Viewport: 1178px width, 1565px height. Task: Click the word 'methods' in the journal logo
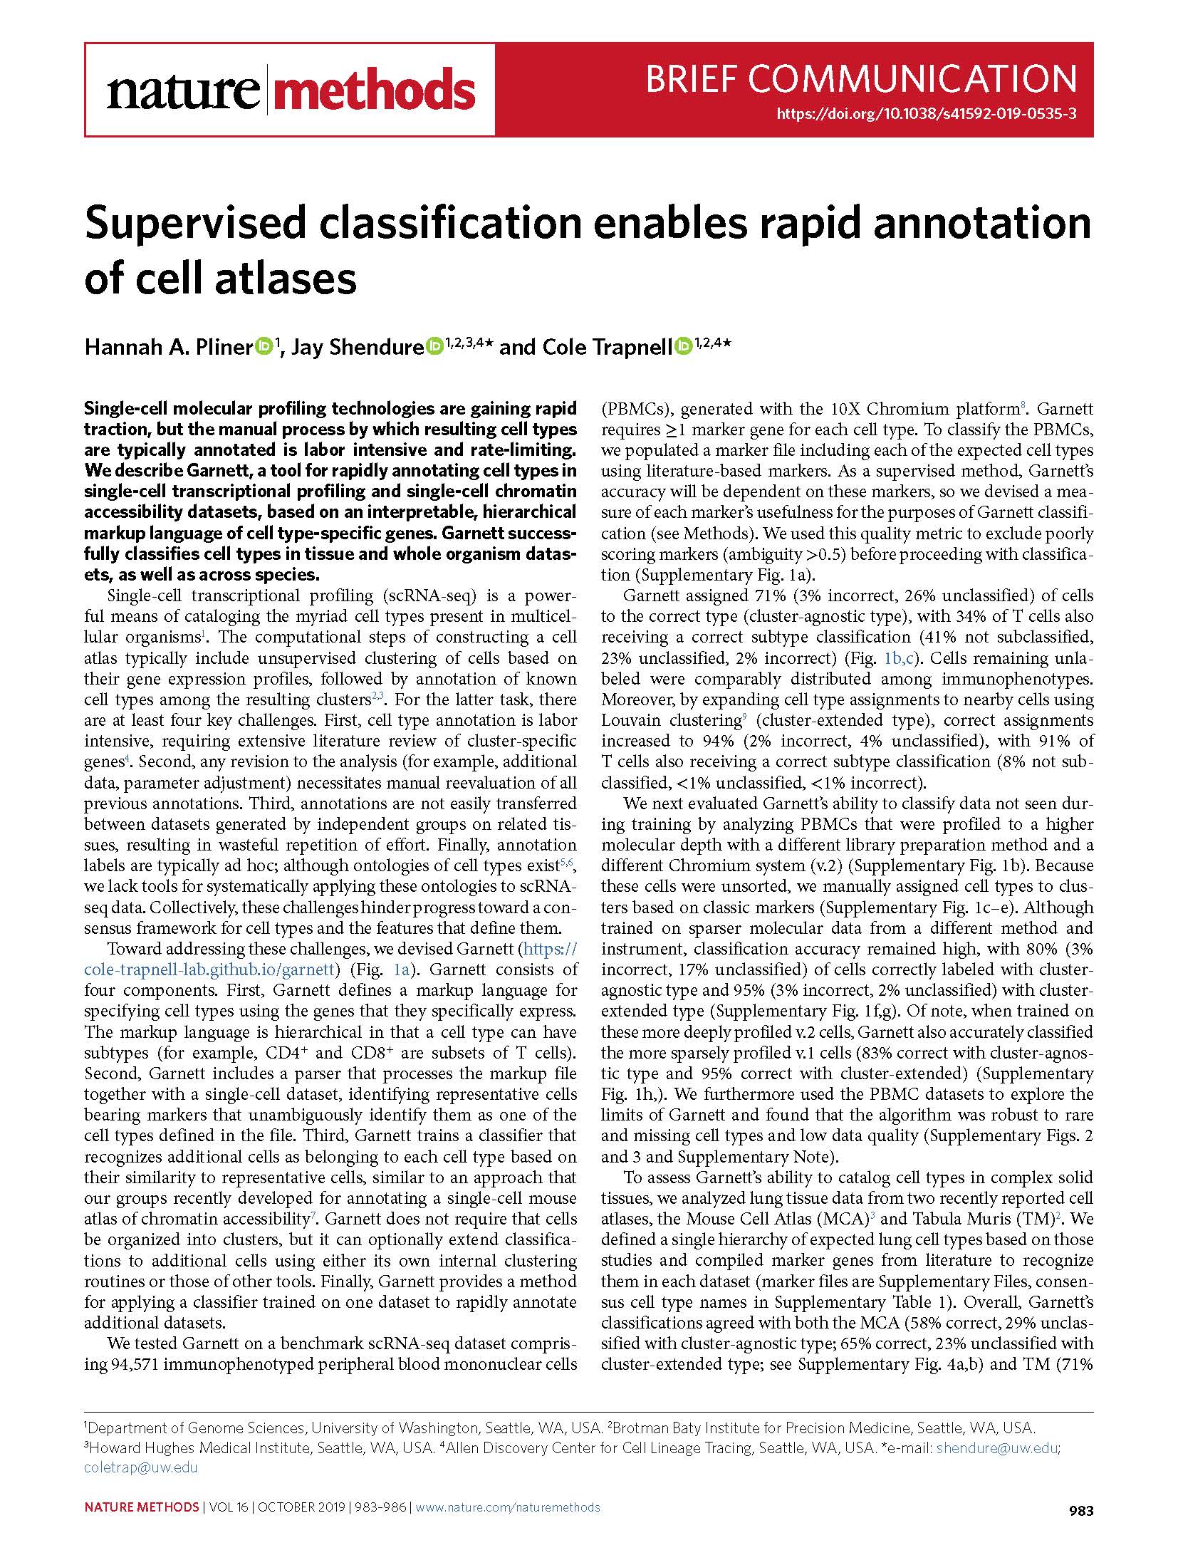374,90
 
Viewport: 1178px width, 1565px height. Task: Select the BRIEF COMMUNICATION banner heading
860,78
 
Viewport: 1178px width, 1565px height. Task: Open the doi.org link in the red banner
925,113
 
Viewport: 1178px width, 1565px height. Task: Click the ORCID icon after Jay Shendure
434,346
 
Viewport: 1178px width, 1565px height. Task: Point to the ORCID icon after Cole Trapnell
683,346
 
